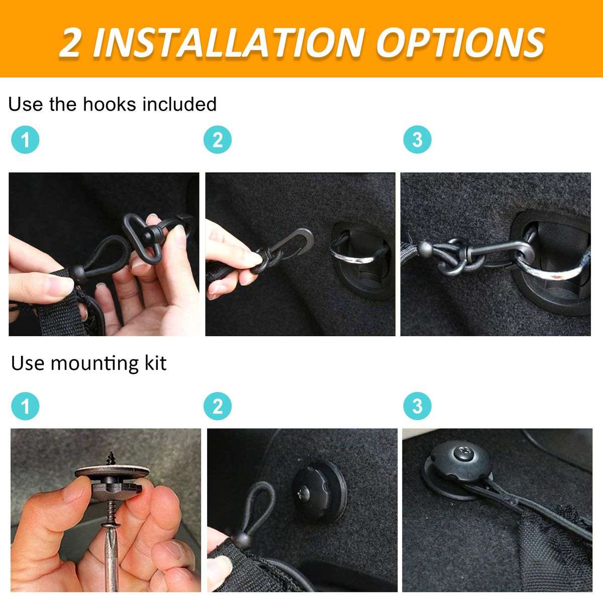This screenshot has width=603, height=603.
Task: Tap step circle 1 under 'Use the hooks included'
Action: click(x=25, y=140)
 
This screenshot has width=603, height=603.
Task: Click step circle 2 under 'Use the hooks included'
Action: click(x=218, y=140)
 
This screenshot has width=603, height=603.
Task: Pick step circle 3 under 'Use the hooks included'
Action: click(x=418, y=140)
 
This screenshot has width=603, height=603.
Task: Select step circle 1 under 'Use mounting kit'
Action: click(x=25, y=406)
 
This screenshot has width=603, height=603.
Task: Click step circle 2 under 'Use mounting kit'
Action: click(x=218, y=406)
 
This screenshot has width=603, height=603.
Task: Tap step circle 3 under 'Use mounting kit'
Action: click(x=418, y=406)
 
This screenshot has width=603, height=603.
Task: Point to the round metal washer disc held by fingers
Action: click(x=113, y=472)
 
